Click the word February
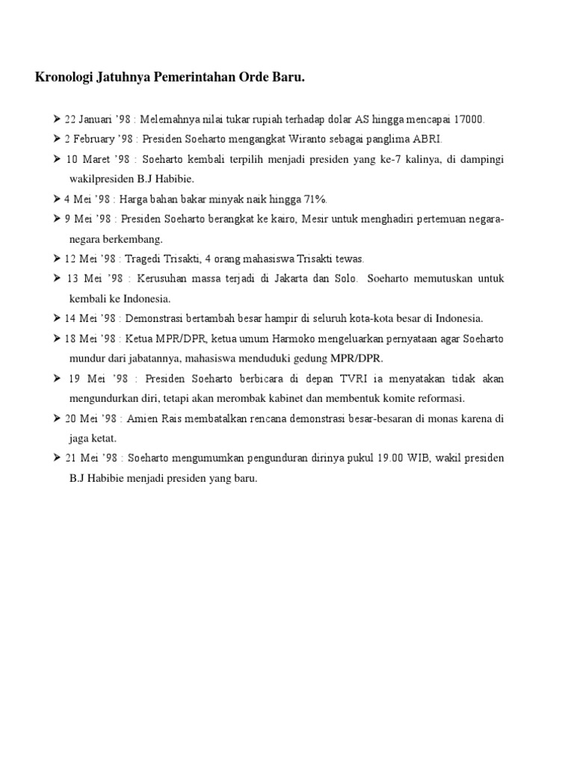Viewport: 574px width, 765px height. [x=99, y=139]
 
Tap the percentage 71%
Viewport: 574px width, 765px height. [x=313, y=199]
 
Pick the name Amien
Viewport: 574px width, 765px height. [x=145, y=418]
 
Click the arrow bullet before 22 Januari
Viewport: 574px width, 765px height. [x=57, y=120]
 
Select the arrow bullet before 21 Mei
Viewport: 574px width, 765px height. [x=57, y=458]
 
